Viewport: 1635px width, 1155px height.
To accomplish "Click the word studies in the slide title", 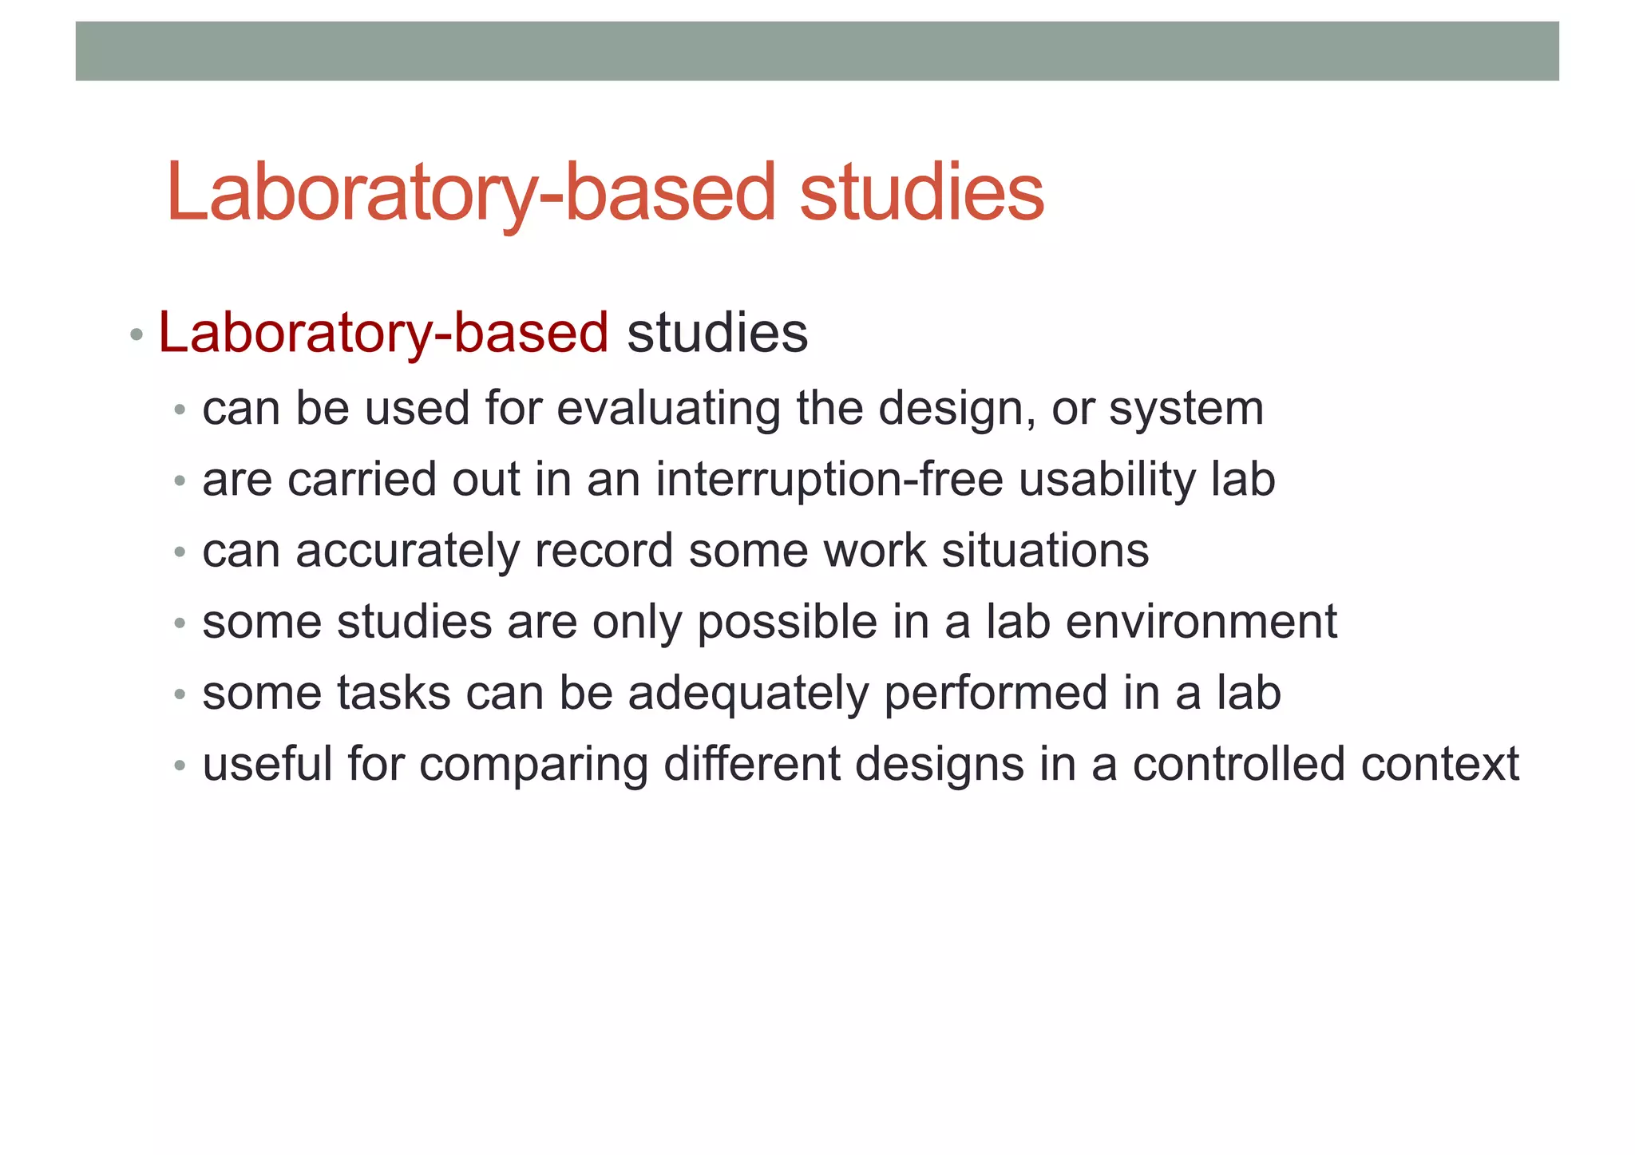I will point(921,193).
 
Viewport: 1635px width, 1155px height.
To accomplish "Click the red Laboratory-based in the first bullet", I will point(383,333).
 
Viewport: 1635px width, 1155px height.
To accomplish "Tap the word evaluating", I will point(667,409).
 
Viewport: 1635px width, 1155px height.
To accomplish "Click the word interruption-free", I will point(829,480).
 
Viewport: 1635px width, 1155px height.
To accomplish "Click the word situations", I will point(1045,551).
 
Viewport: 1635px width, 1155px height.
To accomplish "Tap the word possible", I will point(787,623).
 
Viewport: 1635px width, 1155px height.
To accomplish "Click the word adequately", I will point(748,694).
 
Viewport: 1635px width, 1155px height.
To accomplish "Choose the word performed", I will point(996,694).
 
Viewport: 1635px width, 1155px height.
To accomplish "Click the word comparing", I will point(533,765).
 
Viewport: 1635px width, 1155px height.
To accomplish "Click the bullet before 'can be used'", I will point(180,411).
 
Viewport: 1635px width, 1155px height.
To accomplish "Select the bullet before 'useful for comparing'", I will point(180,766).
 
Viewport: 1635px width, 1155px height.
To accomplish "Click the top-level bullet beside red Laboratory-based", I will point(137,334).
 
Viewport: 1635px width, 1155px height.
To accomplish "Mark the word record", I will point(604,551).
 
